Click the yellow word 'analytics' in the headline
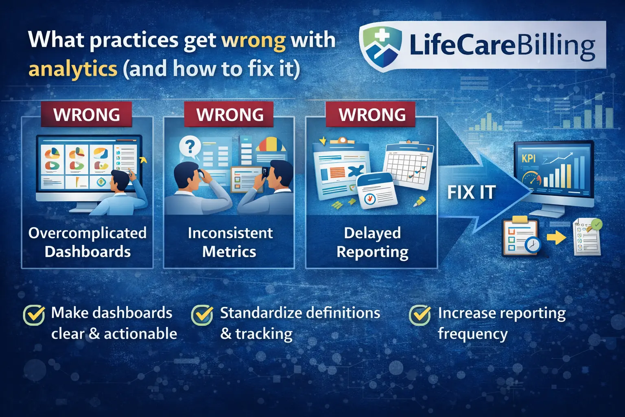pos(73,69)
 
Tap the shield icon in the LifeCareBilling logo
pos(381,46)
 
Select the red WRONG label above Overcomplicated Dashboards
pos(87,114)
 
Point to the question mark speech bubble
pos(190,146)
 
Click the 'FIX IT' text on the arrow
pos(472,192)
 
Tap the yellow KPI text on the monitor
pos(529,158)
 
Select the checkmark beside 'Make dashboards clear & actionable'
pos(34,315)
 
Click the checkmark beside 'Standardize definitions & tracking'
pos(202,315)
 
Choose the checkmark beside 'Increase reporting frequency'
pos(420,315)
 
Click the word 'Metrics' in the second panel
pos(229,252)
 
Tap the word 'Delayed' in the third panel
pos(372,233)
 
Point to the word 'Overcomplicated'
pos(87,233)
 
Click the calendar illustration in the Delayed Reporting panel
pos(408,166)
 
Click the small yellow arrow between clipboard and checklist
pos(556,238)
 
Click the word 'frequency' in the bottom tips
pos(472,334)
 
